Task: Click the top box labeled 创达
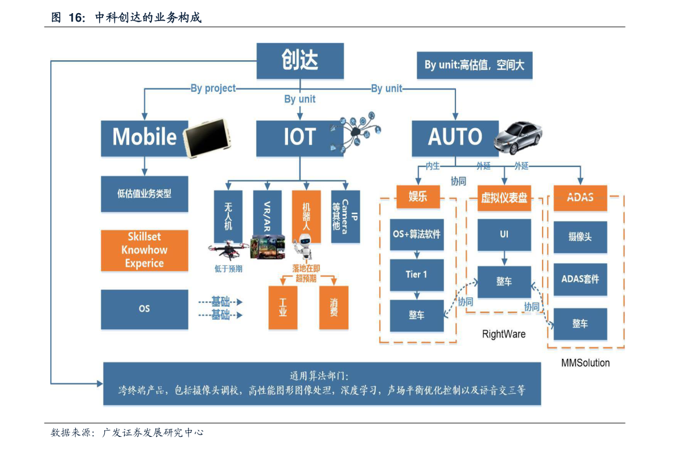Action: point(300,60)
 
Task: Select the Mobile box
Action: point(145,138)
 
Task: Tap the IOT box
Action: point(299,138)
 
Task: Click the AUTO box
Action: point(455,138)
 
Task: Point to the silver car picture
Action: point(519,137)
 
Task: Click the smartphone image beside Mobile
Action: point(207,138)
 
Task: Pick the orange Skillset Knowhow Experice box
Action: point(145,250)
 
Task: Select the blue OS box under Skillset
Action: point(145,309)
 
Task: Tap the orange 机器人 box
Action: point(306,216)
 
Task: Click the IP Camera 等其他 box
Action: point(346,216)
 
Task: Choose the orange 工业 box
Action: point(283,307)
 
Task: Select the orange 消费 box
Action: point(334,307)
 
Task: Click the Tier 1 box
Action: point(416,275)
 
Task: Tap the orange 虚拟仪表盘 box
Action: point(504,198)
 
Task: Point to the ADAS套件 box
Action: point(580,280)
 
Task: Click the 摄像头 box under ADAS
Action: point(580,237)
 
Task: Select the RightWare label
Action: point(504,334)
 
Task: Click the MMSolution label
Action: point(585,363)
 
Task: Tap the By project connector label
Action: point(213,88)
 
